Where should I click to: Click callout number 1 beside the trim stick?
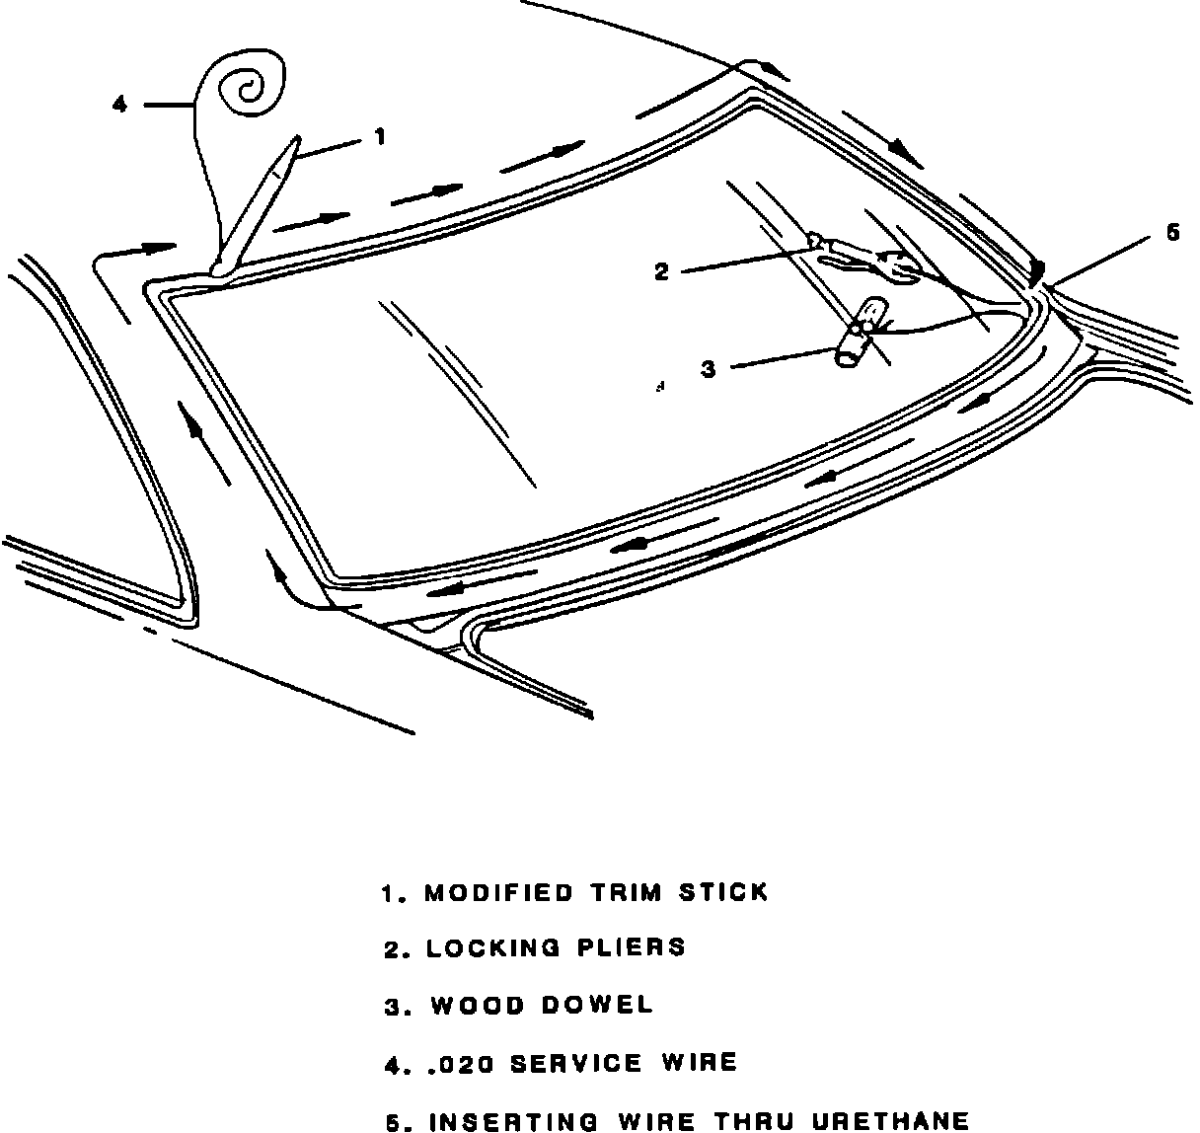[x=381, y=137]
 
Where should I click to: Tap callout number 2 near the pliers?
[x=662, y=271]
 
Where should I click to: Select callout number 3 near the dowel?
[x=708, y=370]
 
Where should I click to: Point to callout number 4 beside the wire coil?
[x=119, y=104]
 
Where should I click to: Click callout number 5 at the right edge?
[x=1172, y=233]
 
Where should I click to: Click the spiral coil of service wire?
[x=247, y=89]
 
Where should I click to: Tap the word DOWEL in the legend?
[x=598, y=1006]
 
